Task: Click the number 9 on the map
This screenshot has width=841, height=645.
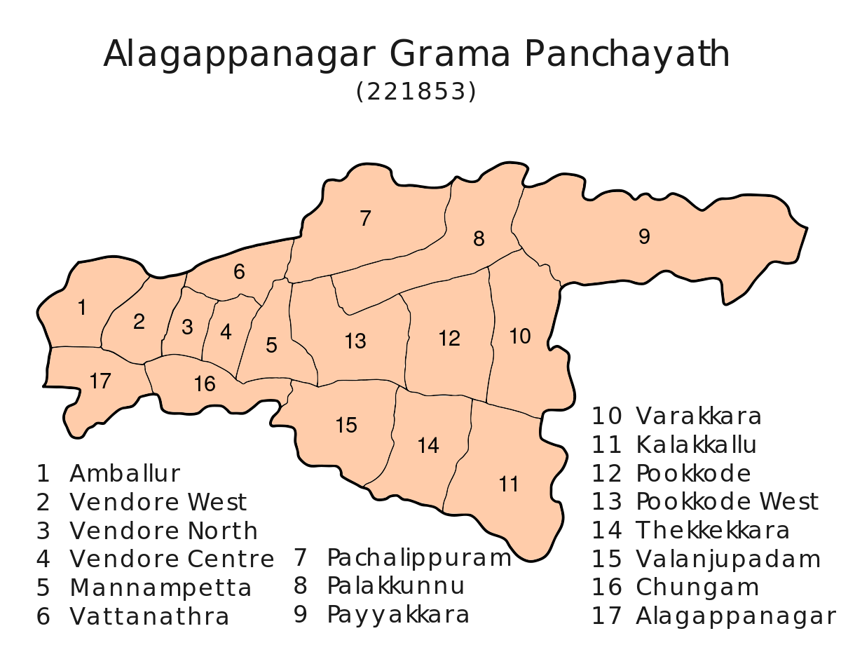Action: [644, 237]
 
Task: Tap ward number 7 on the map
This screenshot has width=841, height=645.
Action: [364, 219]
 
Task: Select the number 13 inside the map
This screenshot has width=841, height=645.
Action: [355, 341]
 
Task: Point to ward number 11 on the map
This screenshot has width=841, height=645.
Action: [509, 484]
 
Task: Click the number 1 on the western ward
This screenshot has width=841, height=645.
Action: [82, 307]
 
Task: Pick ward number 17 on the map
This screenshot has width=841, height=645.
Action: [101, 381]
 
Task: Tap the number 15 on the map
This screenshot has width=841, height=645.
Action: [346, 425]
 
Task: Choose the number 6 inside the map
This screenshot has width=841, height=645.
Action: [239, 272]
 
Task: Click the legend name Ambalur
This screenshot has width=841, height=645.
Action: [125, 474]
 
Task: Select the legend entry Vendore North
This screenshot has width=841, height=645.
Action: [164, 531]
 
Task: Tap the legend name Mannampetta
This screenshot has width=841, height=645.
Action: [160, 588]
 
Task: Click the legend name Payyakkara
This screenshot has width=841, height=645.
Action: [398, 616]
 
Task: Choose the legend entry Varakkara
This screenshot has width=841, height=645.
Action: [699, 416]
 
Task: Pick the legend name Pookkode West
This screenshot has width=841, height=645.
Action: [727, 502]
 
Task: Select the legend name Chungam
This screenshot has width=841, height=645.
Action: [697, 588]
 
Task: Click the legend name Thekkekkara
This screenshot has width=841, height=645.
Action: [713, 531]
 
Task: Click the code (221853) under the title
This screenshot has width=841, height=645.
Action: [416, 92]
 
